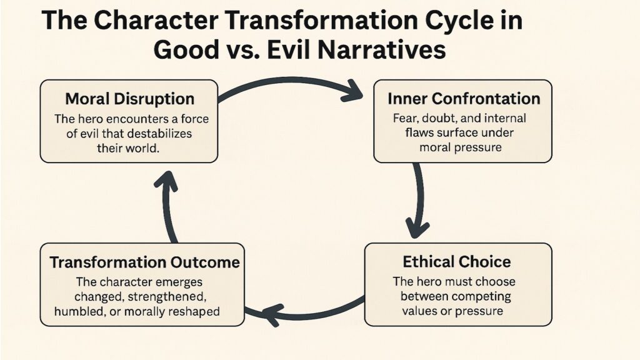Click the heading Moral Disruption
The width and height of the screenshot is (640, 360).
click(130, 99)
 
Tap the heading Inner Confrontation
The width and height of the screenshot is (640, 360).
click(463, 99)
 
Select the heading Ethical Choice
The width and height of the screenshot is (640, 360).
click(457, 261)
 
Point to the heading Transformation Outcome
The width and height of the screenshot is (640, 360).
click(144, 262)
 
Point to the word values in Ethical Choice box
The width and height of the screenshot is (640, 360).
click(417, 310)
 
